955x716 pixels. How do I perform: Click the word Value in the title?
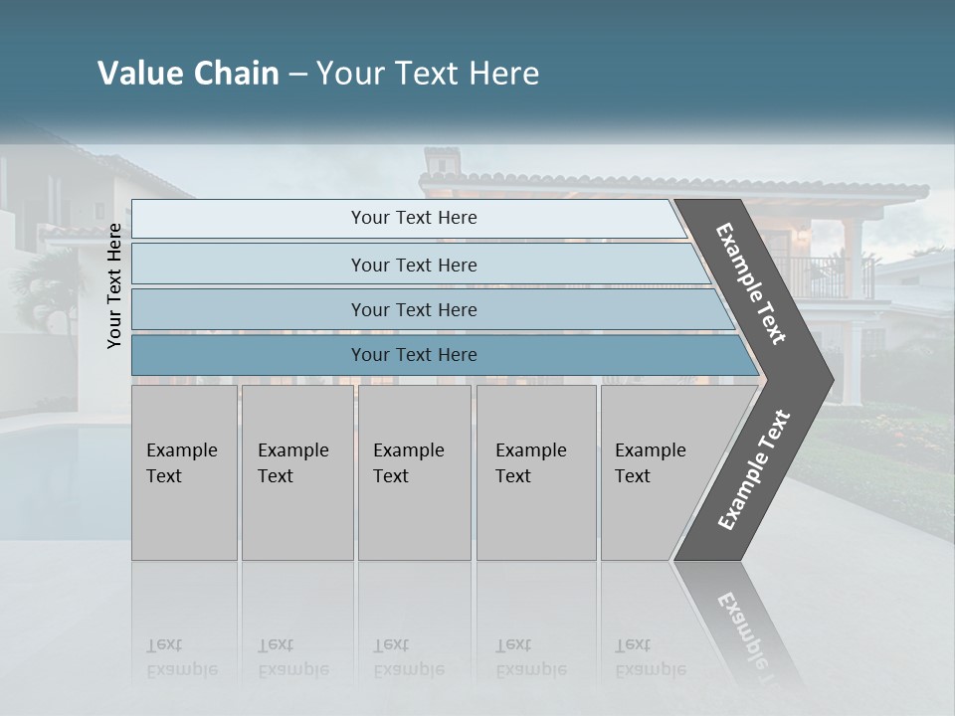[138, 74]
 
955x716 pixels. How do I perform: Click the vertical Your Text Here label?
[115, 286]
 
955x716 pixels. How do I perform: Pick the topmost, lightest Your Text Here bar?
[414, 218]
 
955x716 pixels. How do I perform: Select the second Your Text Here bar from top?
[414, 265]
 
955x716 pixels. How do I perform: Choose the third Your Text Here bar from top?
[414, 309]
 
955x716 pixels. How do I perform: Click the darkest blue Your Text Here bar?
[414, 355]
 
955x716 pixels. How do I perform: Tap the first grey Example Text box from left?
[184, 472]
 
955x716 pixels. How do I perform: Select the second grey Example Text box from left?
[296, 472]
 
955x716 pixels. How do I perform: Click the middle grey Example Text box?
[414, 472]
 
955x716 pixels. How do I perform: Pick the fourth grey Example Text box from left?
[535, 472]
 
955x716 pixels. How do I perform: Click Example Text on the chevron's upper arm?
[751, 283]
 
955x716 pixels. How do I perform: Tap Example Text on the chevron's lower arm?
[754, 469]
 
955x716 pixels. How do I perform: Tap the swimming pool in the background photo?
[50, 467]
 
